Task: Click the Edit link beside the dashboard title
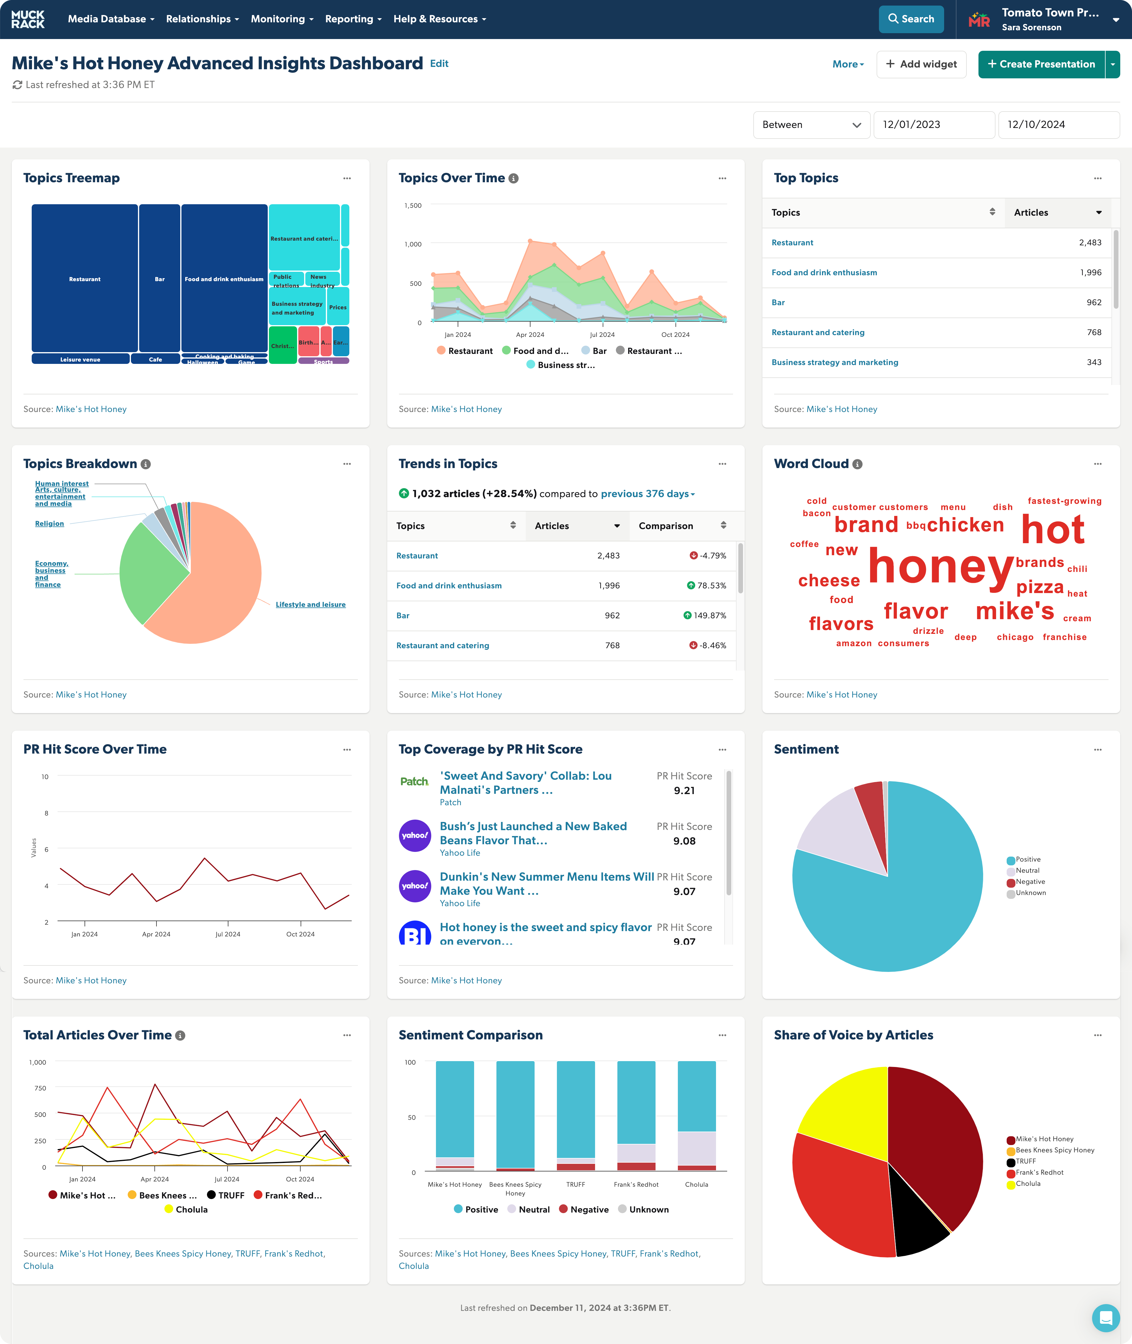click(439, 63)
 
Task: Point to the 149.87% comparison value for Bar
click(709, 615)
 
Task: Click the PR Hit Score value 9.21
click(684, 790)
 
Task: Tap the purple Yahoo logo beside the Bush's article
click(415, 835)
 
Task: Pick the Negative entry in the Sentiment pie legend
click(1030, 882)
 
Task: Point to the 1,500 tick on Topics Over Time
click(413, 205)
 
